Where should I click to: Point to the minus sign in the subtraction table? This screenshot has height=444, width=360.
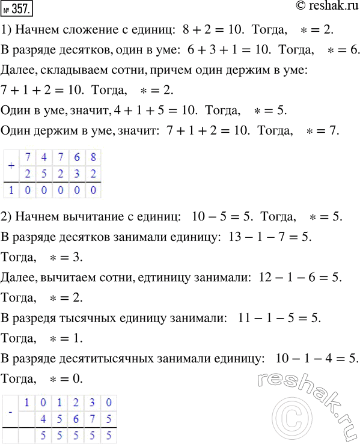(x=10, y=414)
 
